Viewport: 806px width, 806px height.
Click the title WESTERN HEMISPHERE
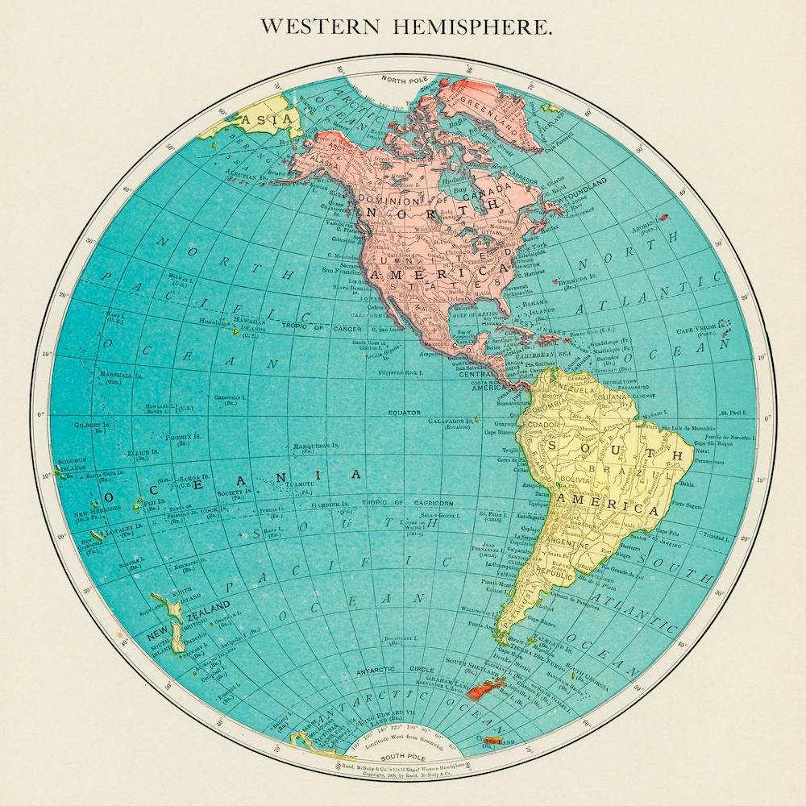(x=406, y=26)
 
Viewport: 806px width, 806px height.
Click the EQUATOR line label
(x=404, y=413)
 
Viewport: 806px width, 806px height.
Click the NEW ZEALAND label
(x=187, y=609)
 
